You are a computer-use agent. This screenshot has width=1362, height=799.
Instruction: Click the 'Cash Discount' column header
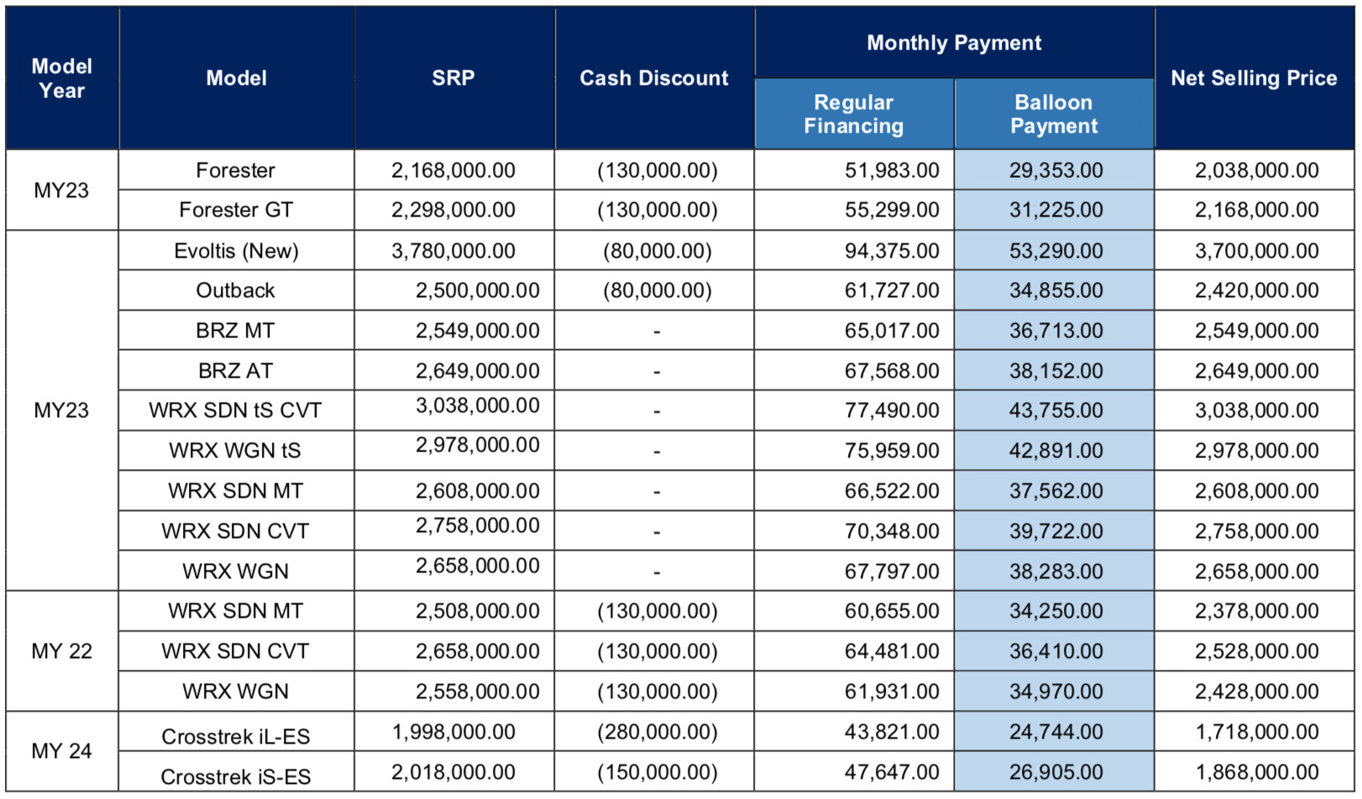click(654, 78)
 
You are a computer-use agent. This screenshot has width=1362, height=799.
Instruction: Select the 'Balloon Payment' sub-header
click(1054, 114)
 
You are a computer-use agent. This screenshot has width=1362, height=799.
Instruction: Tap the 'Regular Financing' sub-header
click(853, 114)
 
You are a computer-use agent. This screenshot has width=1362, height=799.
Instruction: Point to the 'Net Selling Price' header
click(1254, 78)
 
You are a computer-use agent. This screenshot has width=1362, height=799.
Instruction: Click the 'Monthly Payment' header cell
click(954, 43)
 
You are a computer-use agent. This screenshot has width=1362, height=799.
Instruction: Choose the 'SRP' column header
click(453, 78)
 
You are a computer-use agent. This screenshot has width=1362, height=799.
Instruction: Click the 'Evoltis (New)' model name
click(236, 251)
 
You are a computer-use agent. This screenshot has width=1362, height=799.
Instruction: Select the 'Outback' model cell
click(236, 290)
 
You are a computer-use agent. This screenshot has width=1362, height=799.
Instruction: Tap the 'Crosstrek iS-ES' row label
click(236, 776)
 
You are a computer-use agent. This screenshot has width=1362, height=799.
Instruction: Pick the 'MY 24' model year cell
click(61, 751)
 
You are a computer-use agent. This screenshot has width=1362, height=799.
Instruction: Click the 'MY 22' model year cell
click(61, 651)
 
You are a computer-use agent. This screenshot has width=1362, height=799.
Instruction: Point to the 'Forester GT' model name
click(236, 210)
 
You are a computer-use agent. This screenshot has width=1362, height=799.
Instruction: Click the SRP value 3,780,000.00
click(453, 251)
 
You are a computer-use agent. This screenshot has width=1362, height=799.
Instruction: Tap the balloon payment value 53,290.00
click(1056, 251)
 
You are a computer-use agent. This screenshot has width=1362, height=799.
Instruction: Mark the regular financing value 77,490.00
click(892, 410)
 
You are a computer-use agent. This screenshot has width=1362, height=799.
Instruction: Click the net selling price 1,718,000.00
click(1257, 732)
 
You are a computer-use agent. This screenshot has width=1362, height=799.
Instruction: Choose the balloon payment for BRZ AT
click(1056, 371)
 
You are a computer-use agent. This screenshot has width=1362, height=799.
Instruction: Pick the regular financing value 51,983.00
click(892, 170)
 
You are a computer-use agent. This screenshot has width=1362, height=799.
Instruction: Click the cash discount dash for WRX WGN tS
click(657, 452)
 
